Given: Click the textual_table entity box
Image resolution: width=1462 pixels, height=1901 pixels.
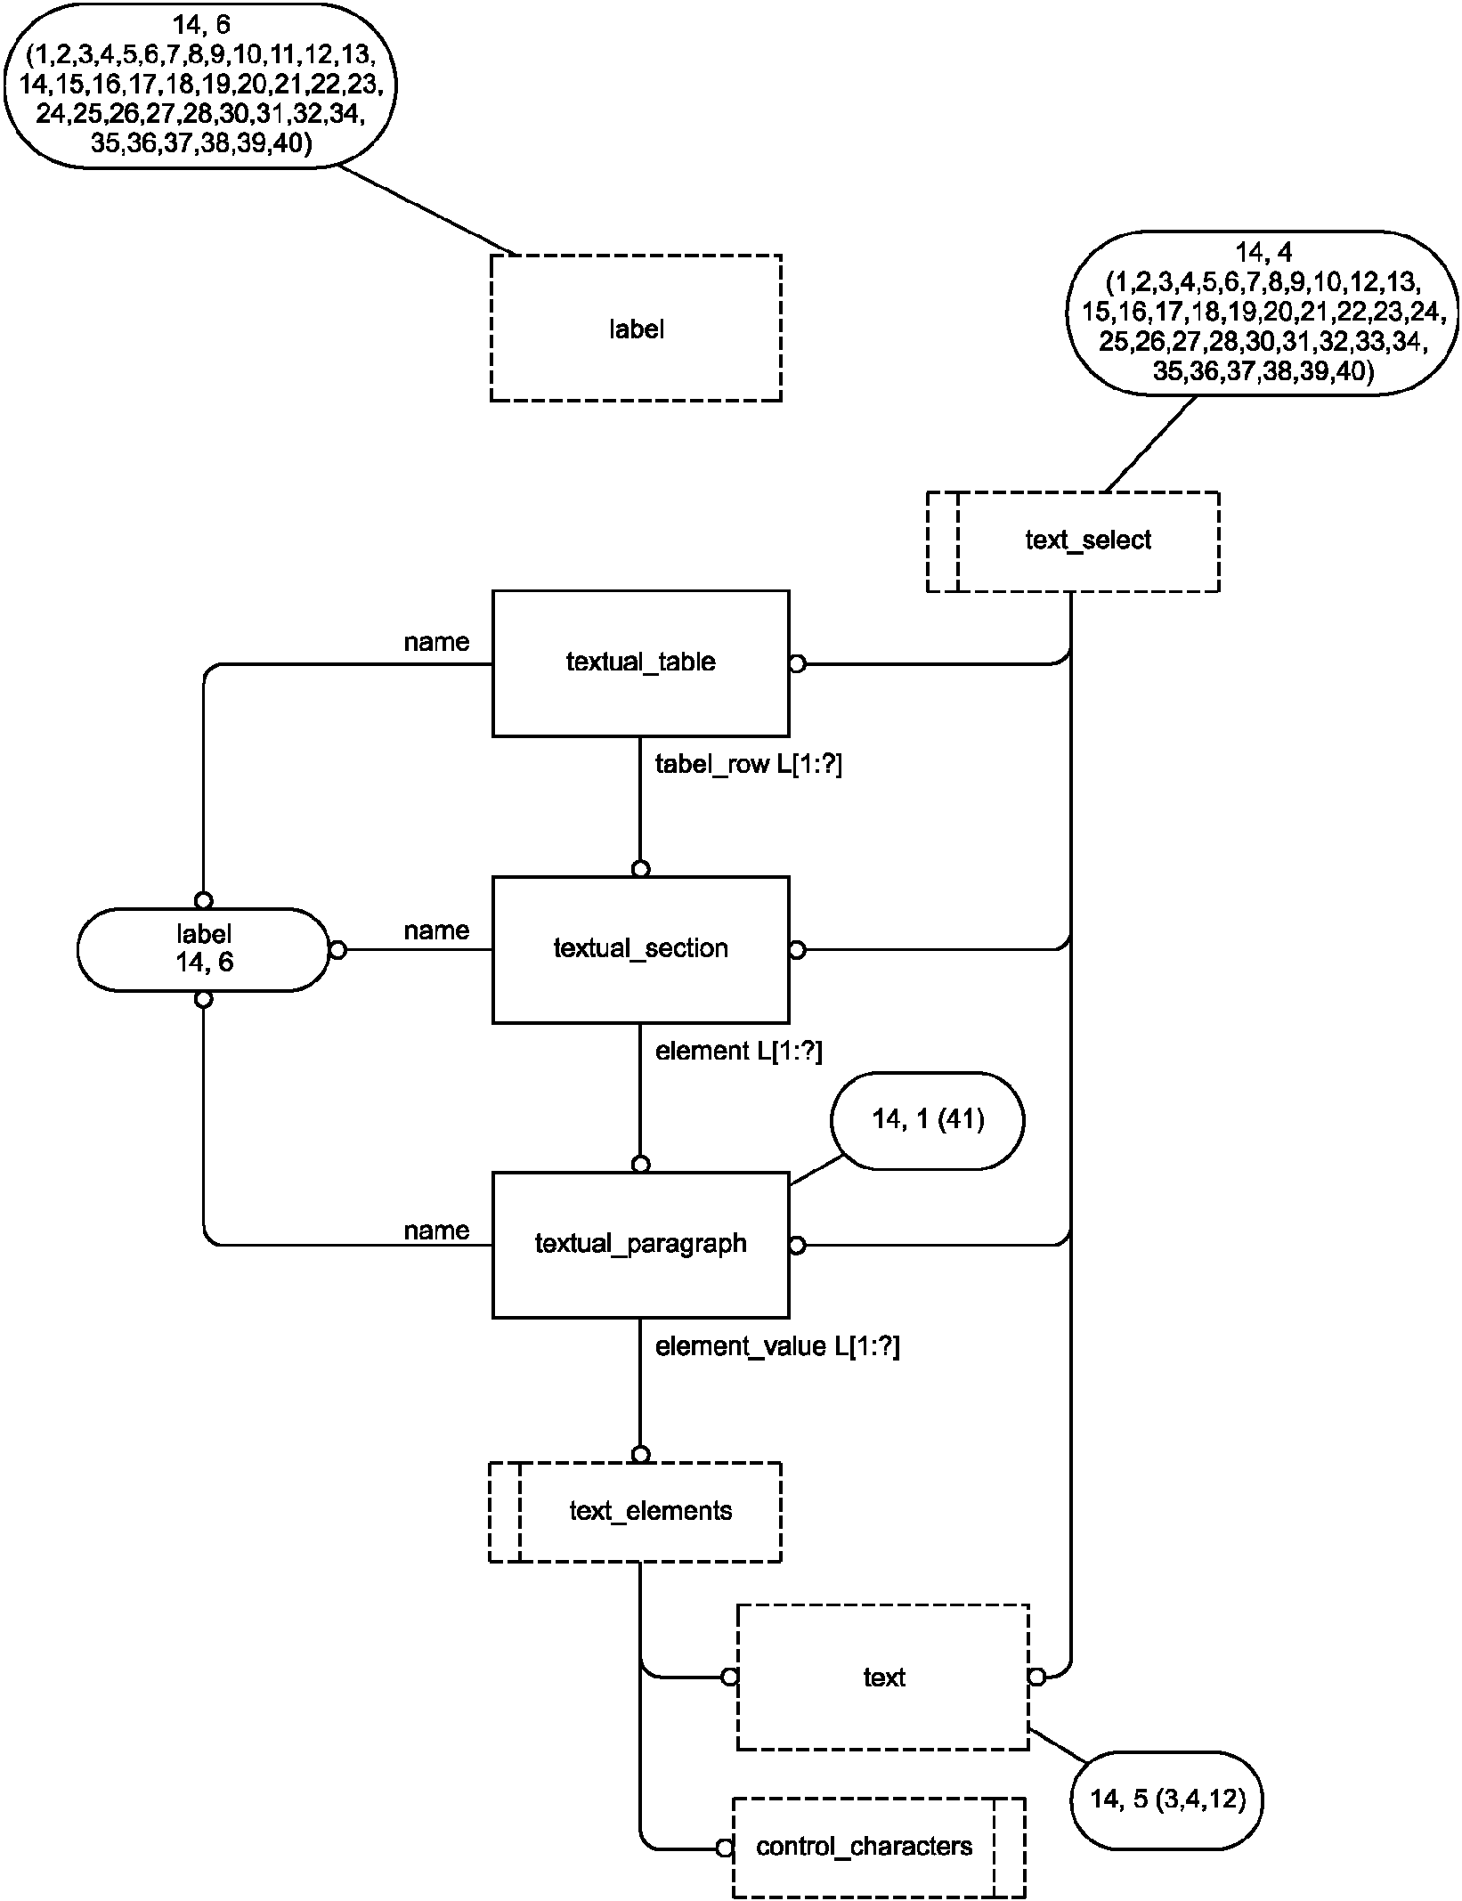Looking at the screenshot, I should coord(640,662).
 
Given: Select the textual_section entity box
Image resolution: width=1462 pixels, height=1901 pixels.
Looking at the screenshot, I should coord(640,949).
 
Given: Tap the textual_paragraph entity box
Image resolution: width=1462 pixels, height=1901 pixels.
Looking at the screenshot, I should coord(640,1244).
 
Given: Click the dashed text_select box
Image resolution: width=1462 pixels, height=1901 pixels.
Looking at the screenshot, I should coord(1073,540).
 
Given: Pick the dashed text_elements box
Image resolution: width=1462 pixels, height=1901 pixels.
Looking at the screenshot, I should coord(636,1511).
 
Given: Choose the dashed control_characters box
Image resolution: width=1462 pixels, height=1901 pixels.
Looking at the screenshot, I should coord(878,1847).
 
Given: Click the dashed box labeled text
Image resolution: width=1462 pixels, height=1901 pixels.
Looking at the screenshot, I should coord(883,1678).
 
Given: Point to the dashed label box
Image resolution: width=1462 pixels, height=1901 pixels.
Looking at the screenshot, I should coord(636,329).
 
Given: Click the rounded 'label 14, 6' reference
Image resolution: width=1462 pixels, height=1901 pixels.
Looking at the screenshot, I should coord(204,949).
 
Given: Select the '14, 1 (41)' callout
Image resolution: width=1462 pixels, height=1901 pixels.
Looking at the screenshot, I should coord(927,1120).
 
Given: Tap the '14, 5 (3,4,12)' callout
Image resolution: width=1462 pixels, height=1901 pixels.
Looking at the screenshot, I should coord(1166,1799).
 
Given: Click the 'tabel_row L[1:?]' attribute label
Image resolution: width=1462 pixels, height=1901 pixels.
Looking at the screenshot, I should coord(748,765).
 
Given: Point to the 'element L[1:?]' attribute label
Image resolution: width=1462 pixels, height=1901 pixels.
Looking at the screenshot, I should coord(738,1052).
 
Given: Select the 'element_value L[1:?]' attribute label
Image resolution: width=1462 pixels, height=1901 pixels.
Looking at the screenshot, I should coord(777,1347).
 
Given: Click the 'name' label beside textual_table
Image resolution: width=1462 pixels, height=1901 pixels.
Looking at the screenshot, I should coord(436,643).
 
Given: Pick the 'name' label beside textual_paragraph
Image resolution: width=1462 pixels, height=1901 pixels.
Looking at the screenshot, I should coord(436,1231).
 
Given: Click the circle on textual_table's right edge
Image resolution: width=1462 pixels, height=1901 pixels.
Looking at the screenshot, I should coord(797,664).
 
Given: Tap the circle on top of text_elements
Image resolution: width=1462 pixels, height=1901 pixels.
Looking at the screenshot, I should coord(640,1455).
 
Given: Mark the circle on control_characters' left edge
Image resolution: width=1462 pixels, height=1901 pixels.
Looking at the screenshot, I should coord(725,1848).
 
